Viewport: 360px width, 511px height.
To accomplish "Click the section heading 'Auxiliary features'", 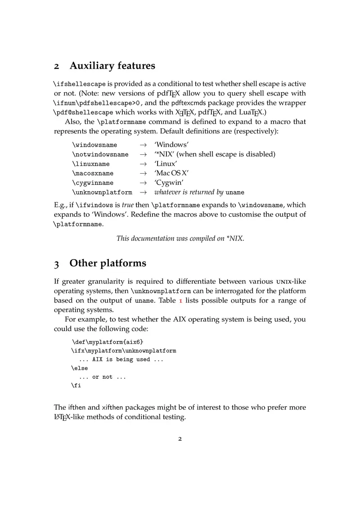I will pyautogui.click(x=112, y=66).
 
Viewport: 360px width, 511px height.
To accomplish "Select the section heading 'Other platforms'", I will pyautogui.click(x=108, y=263).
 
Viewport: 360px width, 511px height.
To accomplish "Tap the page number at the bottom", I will pyautogui.click(x=180, y=439).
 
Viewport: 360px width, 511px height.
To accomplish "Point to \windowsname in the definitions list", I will pyautogui.click(x=94, y=145).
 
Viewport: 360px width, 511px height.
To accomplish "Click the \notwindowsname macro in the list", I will pyautogui.click(x=100, y=155).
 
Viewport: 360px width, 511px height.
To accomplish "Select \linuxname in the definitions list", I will pyautogui.click(x=90, y=164).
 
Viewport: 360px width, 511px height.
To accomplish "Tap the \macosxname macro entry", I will pyautogui.click(x=93, y=174).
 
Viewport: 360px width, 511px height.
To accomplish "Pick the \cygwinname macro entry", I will pyautogui.click(x=93, y=183).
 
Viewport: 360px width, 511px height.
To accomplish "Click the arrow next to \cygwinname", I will pyautogui.click(x=143, y=183).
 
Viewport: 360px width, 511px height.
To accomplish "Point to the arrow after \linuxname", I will pyautogui.click(x=143, y=164).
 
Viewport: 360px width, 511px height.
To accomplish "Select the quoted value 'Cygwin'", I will pyautogui.click(x=169, y=183).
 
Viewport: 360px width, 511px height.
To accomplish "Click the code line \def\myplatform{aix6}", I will pyautogui.click(x=107, y=342).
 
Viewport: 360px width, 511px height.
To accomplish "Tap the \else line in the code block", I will pyautogui.click(x=79, y=368).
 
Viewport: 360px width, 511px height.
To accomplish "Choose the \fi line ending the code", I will pyautogui.click(x=76, y=385).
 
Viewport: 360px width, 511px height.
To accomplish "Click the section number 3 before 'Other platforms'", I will pyautogui.click(x=57, y=264).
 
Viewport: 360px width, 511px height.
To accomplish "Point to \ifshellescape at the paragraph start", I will pyautogui.click(x=80, y=84).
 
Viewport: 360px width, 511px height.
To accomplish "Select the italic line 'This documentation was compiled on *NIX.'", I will pyautogui.click(x=180, y=239).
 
